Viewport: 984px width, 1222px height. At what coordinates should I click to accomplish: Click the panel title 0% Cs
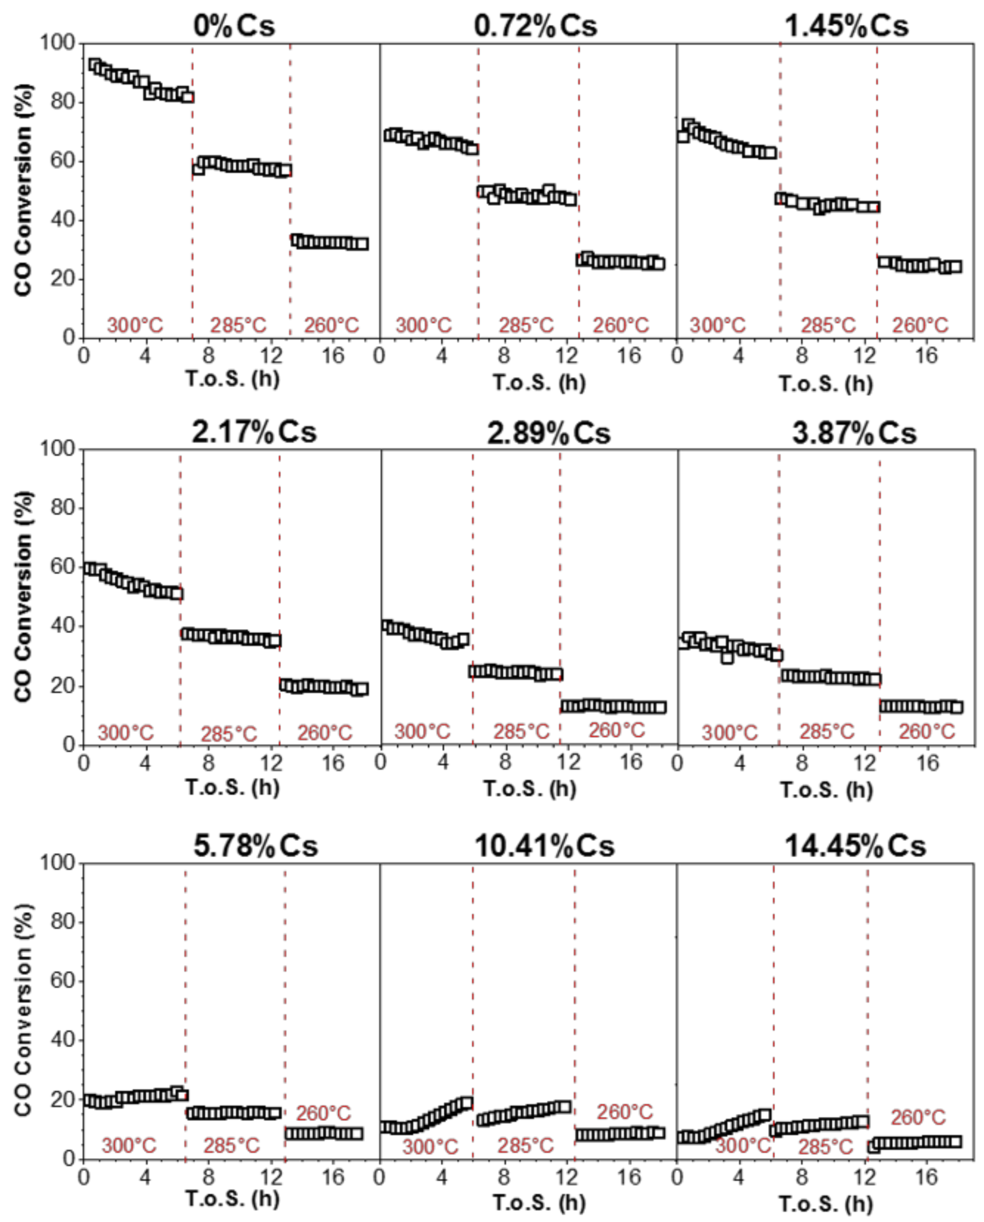pyautogui.click(x=234, y=26)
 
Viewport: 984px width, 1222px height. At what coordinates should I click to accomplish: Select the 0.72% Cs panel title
pyautogui.click(x=535, y=26)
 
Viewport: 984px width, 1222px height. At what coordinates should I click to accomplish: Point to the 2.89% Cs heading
pyautogui.click(x=548, y=433)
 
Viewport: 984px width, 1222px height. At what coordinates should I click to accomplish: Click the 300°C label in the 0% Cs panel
pyautogui.click(x=135, y=325)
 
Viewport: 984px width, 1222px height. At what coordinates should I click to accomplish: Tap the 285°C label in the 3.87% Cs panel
pyautogui.click(x=827, y=732)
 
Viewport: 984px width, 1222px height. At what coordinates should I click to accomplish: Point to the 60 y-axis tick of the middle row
pyautogui.click(x=62, y=566)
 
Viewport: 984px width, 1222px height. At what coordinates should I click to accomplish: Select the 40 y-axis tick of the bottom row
pyautogui.click(x=62, y=1040)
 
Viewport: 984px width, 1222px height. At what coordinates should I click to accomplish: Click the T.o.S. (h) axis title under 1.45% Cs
pyautogui.click(x=826, y=384)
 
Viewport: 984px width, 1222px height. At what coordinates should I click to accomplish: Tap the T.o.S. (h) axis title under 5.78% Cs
pyautogui.click(x=232, y=1199)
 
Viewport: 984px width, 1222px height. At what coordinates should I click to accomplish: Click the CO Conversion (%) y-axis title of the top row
pyautogui.click(x=24, y=190)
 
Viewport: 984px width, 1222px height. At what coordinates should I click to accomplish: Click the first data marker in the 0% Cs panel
pyautogui.click(x=95, y=65)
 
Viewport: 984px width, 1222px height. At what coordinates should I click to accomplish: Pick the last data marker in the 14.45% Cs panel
pyautogui.click(x=956, y=1142)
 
